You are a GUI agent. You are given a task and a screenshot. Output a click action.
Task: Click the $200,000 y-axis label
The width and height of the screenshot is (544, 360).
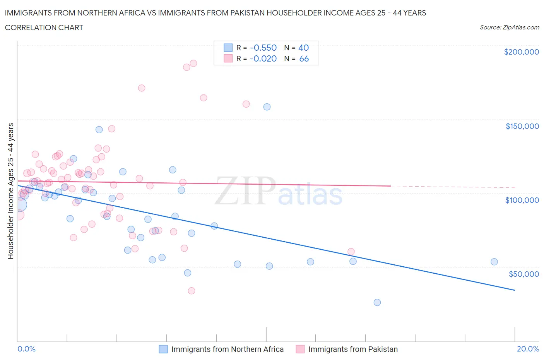click(x=521, y=52)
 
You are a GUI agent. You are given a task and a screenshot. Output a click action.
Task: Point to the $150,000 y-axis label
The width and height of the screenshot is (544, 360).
click(x=522, y=126)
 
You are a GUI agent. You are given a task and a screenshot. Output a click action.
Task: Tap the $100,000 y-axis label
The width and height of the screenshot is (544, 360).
click(x=522, y=200)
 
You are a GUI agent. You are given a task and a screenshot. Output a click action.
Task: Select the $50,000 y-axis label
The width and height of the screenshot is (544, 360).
click(x=523, y=274)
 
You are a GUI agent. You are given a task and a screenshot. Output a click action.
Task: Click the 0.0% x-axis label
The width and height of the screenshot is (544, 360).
click(x=26, y=349)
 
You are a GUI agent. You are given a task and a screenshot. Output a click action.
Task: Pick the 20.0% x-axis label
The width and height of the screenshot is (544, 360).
click(x=528, y=349)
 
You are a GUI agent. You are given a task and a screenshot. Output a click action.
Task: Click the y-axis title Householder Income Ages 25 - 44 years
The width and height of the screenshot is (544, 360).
click(x=10, y=191)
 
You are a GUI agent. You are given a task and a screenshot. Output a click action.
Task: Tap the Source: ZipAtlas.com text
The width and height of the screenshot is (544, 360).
click(x=509, y=27)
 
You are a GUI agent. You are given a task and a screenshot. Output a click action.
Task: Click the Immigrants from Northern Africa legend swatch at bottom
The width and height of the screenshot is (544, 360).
click(x=163, y=349)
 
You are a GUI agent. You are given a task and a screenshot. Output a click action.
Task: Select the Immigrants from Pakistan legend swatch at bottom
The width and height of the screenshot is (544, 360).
click(x=300, y=349)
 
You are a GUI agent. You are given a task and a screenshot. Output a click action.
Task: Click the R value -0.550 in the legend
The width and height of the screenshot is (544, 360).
click(x=263, y=48)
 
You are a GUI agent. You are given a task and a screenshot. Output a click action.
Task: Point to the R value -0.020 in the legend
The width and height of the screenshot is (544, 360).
click(x=263, y=58)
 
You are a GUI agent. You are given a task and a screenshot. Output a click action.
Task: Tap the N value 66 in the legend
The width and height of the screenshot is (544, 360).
click(x=304, y=58)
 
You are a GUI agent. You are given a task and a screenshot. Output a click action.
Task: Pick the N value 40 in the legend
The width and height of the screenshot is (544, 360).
click(x=303, y=48)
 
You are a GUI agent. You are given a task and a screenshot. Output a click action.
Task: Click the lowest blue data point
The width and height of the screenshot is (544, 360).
click(x=377, y=302)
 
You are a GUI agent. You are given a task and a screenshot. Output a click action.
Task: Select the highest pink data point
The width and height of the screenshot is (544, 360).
click(x=193, y=63)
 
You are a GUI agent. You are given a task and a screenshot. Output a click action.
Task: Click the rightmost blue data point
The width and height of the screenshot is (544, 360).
click(x=494, y=262)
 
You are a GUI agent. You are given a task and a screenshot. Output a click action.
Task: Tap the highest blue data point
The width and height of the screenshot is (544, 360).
click(x=267, y=107)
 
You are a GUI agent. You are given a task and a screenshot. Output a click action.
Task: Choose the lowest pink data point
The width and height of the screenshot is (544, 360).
click(x=192, y=291)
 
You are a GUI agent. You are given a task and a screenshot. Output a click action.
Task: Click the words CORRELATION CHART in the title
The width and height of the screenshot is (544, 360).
click(x=44, y=27)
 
